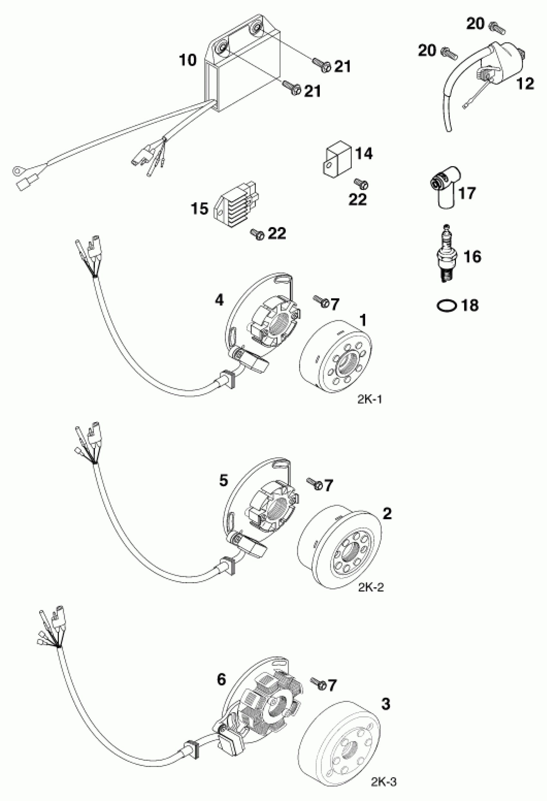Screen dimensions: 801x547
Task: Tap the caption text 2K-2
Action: pyautogui.click(x=371, y=587)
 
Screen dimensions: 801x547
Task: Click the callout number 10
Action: pyautogui.click(x=188, y=60)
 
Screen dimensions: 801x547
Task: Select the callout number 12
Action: pyautogui.click(x=524, y=84)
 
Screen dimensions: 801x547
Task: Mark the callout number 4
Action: pyautogui.click(x=219, y=300)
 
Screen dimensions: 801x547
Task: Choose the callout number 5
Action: pyautogui.click(x=224, y=480)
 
